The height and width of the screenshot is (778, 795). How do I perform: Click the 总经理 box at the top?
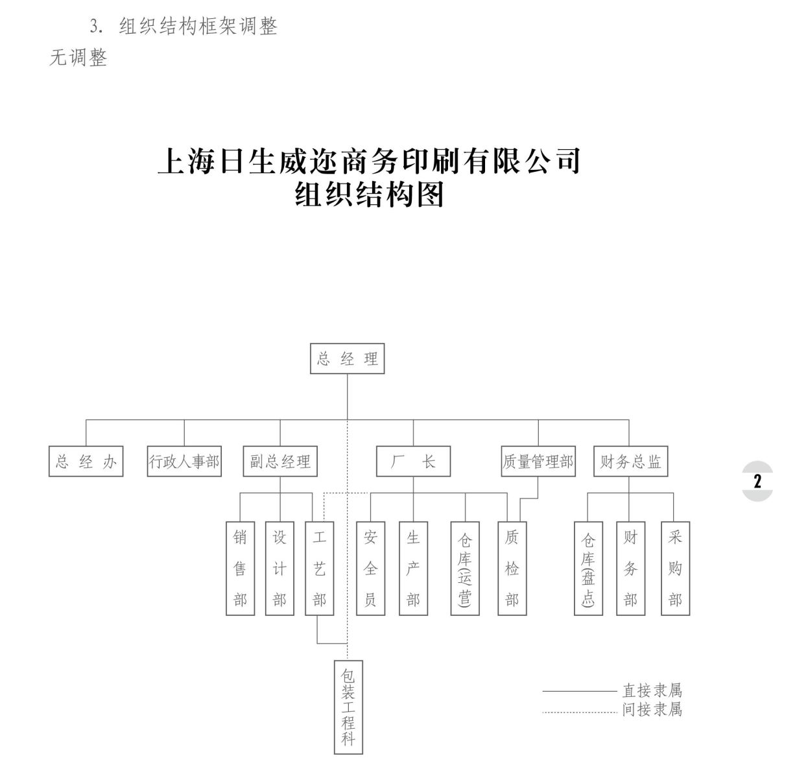[x=347, y=359]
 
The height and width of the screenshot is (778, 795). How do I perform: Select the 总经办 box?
[x=86, y=462]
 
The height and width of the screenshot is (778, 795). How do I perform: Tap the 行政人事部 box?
[x=184, y=462]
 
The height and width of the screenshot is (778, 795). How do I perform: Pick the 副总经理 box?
[x=280, y=462]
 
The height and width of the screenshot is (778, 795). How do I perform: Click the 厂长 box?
[x=413, y=462]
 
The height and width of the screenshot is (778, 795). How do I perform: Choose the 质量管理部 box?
[x=538, y=462]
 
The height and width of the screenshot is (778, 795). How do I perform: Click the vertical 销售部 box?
[x=240, y=569]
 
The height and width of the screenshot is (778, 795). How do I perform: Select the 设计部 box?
[x=279, y=569]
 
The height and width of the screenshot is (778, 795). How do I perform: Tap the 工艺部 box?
[x=319, y=569]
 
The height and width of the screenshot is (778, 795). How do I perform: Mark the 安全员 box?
[x=370, y=569]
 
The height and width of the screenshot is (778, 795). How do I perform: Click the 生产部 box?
[x=413, y=569]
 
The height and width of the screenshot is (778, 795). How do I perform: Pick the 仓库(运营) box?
[x=465, y=569]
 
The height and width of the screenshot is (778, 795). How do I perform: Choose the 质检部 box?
[x=512, y=569]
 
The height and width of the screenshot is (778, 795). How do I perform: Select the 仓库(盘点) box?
[x=588, y=569]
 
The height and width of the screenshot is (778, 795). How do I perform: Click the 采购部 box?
[x=675, y=569]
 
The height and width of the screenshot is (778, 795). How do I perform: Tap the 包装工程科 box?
[x=348, y=707]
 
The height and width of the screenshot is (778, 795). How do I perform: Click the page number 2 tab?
[x=757, y=481]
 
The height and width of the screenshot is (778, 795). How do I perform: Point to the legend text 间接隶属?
[x=652, y=709]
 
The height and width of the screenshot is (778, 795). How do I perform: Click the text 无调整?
[x=78, y=58]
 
